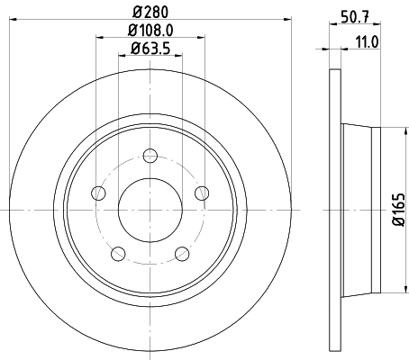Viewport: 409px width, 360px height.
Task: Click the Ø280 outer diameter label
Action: (149, 11)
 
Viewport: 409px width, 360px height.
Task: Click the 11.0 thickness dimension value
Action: (364, 41)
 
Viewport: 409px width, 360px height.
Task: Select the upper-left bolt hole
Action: (97, 193)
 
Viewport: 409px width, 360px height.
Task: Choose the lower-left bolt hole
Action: (117, 253)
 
